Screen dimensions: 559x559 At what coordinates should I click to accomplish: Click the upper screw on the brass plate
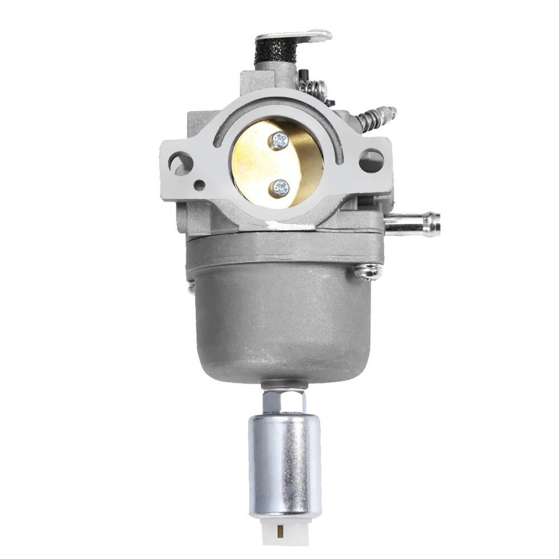[280, 140]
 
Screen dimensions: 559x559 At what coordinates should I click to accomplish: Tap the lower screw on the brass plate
[280, 187]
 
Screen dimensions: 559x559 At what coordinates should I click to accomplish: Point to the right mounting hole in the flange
[371, 161]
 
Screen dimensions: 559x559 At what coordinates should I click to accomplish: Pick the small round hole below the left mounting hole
[200, 186]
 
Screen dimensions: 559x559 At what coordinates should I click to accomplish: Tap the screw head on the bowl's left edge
[192, 287]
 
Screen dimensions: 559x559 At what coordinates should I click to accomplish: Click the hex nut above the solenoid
[284, 401]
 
